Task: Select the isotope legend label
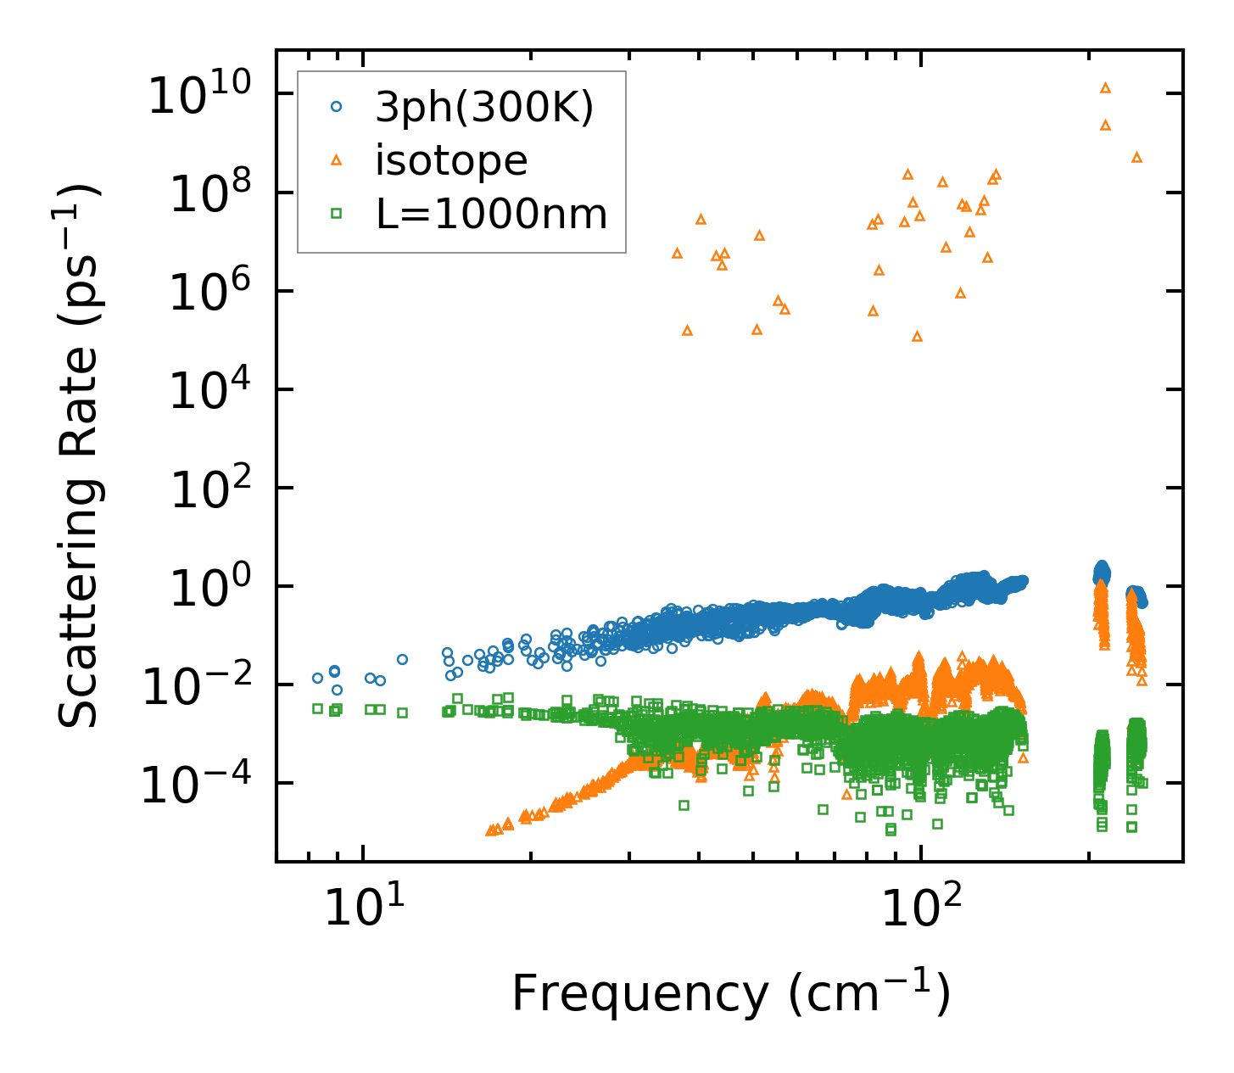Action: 451,160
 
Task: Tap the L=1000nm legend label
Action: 492,214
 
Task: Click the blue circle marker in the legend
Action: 337,107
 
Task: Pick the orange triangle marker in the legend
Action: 337,159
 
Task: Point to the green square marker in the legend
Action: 337,214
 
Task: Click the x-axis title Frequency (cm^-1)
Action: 730,993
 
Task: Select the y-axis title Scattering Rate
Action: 79,455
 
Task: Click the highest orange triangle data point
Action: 1105,87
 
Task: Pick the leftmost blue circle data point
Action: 317,678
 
